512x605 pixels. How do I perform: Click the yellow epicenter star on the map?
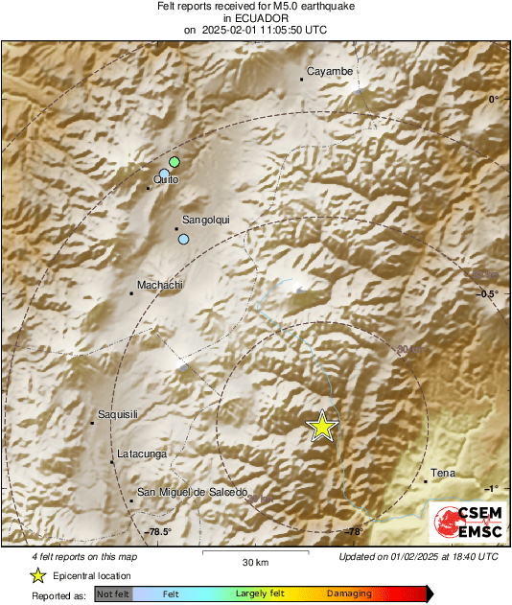323,425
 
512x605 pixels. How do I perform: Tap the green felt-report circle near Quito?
175,161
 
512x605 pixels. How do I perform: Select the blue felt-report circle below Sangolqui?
183,239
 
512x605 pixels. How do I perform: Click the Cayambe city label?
330,71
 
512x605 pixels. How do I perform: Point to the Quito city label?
165,180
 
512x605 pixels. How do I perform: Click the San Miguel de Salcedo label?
193,492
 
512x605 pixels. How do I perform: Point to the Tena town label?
443,473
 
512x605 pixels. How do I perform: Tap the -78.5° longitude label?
159,531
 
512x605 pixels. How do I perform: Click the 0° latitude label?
493,99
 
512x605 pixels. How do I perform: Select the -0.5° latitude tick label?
489,293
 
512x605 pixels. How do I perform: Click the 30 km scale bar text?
254,562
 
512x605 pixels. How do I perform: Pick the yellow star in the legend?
37,575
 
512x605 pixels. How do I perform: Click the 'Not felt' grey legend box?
111,594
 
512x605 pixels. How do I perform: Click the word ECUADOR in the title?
254,18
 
